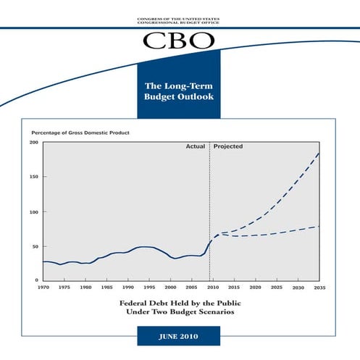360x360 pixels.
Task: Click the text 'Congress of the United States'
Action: point(180,17)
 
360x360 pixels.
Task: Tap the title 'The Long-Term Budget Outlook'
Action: point(180,90)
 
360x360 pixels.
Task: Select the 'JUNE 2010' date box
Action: point(180,337)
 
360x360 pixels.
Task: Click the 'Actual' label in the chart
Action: point(196,146)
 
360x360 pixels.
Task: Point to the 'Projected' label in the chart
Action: point(228,146)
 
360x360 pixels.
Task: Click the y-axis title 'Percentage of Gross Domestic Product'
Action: point(80,133)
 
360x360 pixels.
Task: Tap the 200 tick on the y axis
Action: point(33,143)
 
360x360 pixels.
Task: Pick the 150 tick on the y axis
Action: point(33,177)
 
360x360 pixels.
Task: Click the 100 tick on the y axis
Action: point(33,212)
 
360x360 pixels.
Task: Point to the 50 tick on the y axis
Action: point(35,247)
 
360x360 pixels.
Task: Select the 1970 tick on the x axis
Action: point(43,288)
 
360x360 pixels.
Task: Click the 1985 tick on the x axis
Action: point(106,288)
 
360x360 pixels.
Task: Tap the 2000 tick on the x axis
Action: point(170,288)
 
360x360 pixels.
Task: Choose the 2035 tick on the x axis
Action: point(319,288)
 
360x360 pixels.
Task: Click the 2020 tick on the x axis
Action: point(255,288)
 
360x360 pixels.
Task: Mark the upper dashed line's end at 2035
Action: point(319,153)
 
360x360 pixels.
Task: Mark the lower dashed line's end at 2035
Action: point(319,227)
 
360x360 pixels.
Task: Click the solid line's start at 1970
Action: point(43,261)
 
